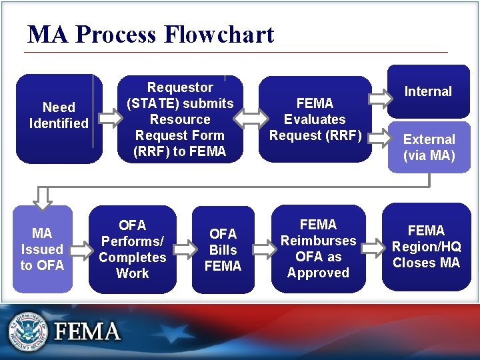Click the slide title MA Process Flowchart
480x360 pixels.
click(x=151, y=34)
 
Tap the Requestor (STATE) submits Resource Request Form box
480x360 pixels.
click(x=180, y=119)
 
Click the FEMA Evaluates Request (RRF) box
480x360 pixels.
click(x=315, y=119)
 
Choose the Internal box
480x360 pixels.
click(x=428, y=91)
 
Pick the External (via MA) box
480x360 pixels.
click(x=429, y=147)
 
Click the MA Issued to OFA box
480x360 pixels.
click(x=42, y=249)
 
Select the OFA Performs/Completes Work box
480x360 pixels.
click(x=132, y=249)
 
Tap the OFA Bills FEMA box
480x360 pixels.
click(x=223, y=250)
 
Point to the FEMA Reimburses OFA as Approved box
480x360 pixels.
click(x=318, y=249)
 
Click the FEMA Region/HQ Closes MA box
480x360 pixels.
click(x=426, y=247)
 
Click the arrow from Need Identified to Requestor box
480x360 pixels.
click(x=109, y=118)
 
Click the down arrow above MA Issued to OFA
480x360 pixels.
click(x=43, y=197)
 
